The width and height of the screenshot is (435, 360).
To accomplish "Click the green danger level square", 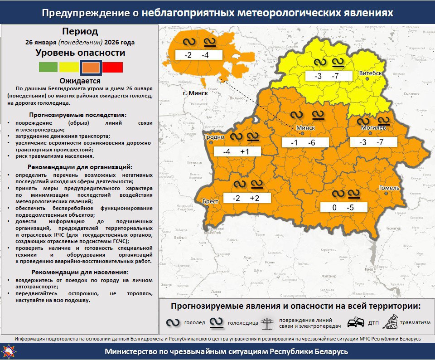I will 48,68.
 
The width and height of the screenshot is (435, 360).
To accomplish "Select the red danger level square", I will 112,68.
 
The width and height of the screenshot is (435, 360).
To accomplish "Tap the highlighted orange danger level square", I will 91,68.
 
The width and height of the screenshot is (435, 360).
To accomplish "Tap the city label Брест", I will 211,201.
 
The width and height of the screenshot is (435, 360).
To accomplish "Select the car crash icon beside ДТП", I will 355,323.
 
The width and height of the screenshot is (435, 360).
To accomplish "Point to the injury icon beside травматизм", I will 390,322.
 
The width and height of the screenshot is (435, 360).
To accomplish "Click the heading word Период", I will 80,32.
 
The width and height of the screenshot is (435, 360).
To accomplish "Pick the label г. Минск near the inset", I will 195,93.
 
